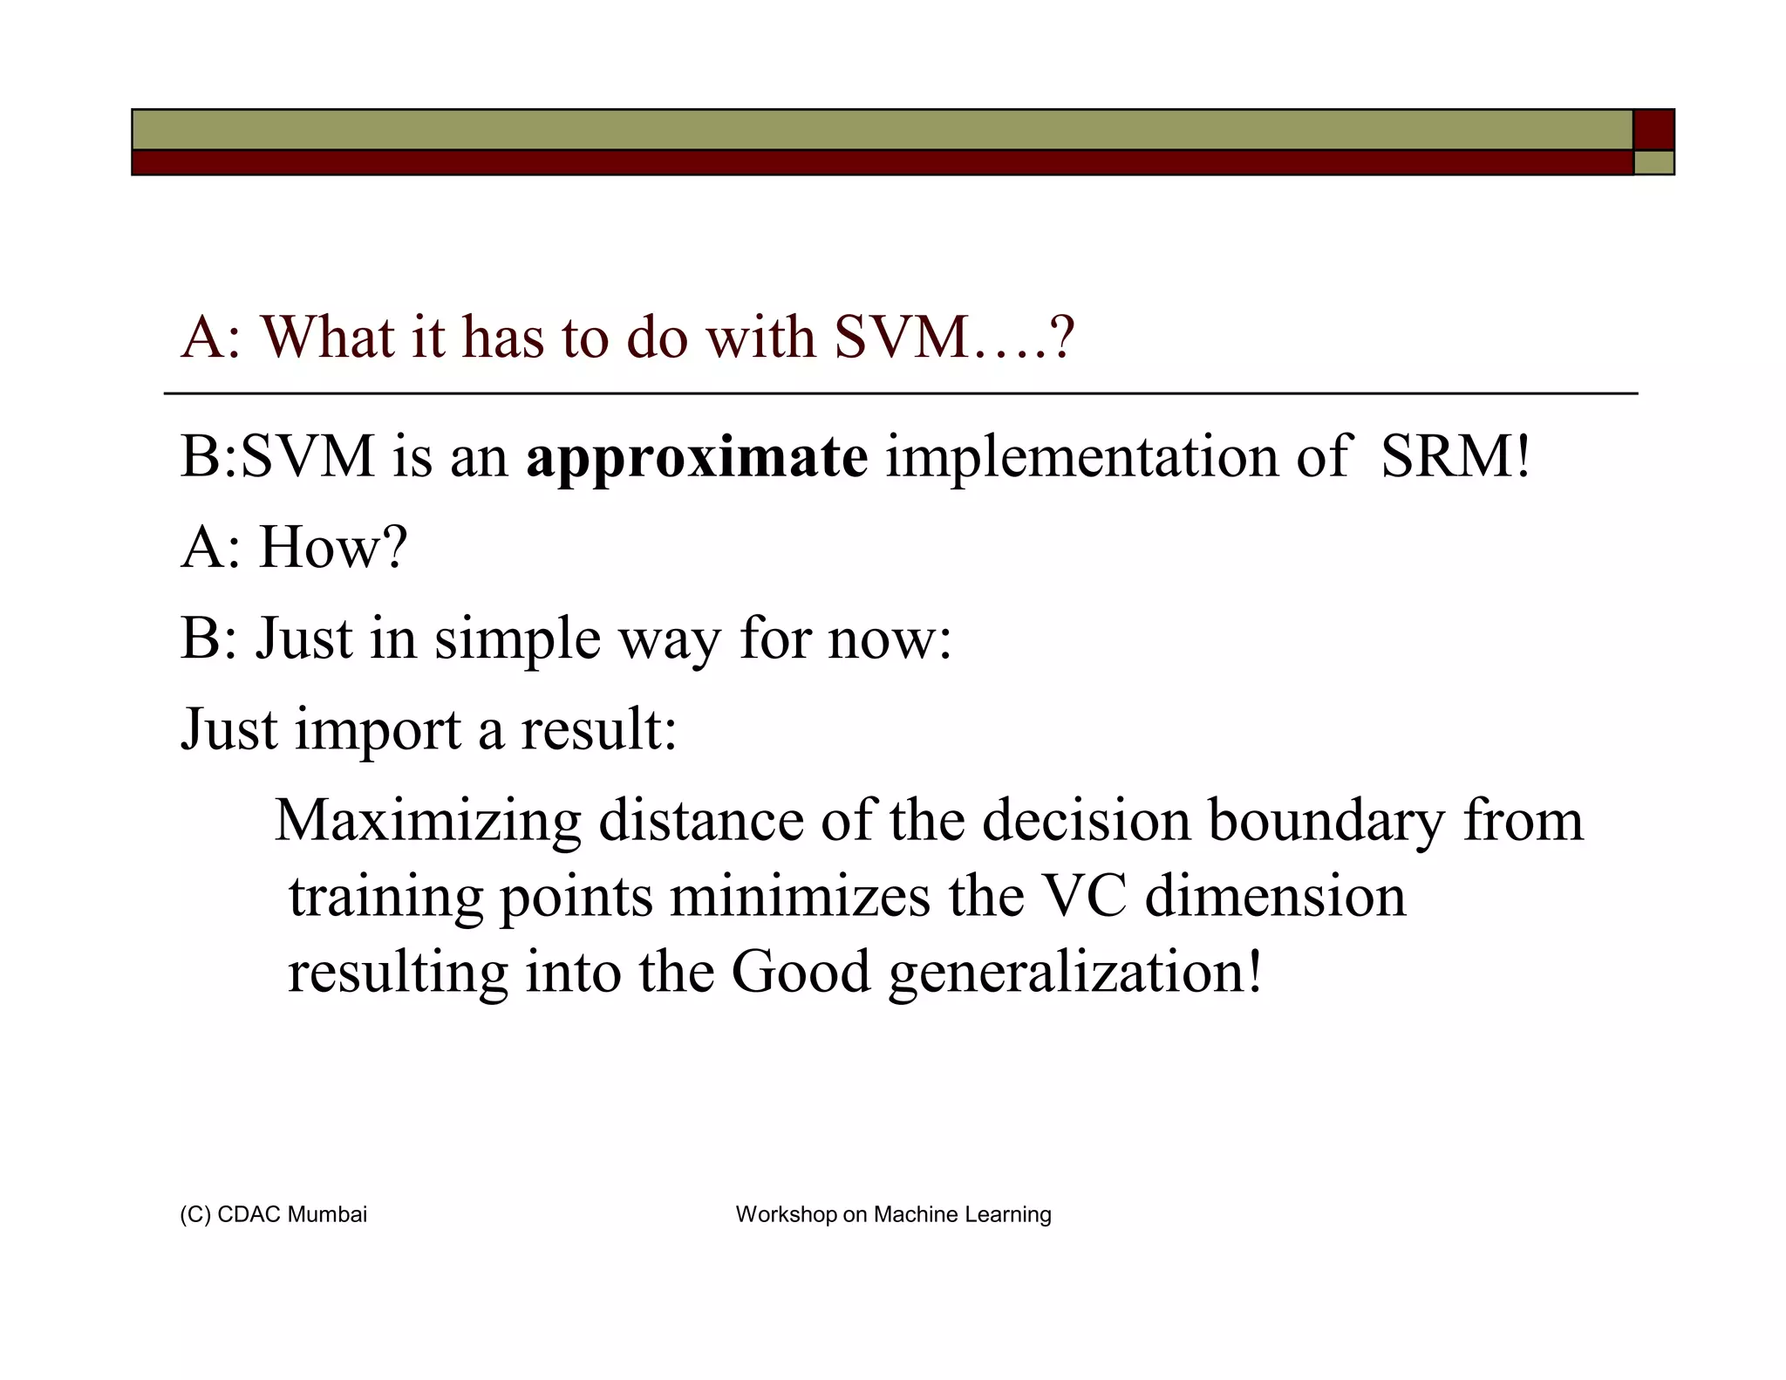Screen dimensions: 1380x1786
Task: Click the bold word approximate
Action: (696, 458)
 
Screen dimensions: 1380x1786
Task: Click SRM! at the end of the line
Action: (1455, 456)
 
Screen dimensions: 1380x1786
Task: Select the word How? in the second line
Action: (333, 548)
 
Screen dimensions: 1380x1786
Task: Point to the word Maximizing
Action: (427, 821)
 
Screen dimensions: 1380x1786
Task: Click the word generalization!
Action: (1074, 972)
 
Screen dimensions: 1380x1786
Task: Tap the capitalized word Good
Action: (801, 972)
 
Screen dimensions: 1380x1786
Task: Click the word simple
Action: (517, 639)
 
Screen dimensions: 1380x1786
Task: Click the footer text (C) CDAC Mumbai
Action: (273, 1214)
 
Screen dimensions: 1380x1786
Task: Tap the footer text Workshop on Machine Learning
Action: (893, 1214)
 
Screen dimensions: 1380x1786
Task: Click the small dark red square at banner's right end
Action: (1653, 130)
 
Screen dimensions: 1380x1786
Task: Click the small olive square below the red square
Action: (1653, 163)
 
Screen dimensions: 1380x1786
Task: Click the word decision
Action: (1086, 821)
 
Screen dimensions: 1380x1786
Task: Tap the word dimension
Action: (1275, 896)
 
